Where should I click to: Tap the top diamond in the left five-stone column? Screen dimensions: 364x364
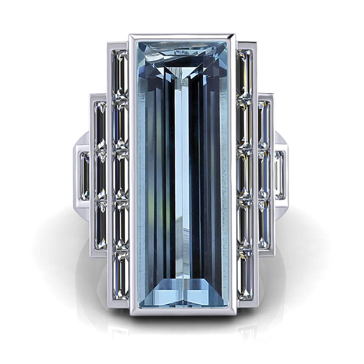click(120, 75)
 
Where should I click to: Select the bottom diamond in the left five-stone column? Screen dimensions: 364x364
click(120, 275)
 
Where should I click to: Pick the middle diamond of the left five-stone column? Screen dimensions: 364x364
click(120, 175)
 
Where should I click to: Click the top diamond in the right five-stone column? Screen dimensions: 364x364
click(244, 75)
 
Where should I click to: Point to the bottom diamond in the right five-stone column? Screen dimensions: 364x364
click(245, 275)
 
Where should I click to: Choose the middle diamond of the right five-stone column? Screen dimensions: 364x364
click(244, 175)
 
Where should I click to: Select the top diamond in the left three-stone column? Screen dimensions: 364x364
click(100, 126)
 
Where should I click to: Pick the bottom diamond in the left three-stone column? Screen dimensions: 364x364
click(100, 226)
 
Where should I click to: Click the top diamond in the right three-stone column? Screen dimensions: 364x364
click(264, 126)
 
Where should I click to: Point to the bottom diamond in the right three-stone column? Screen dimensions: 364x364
click(264, 226)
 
